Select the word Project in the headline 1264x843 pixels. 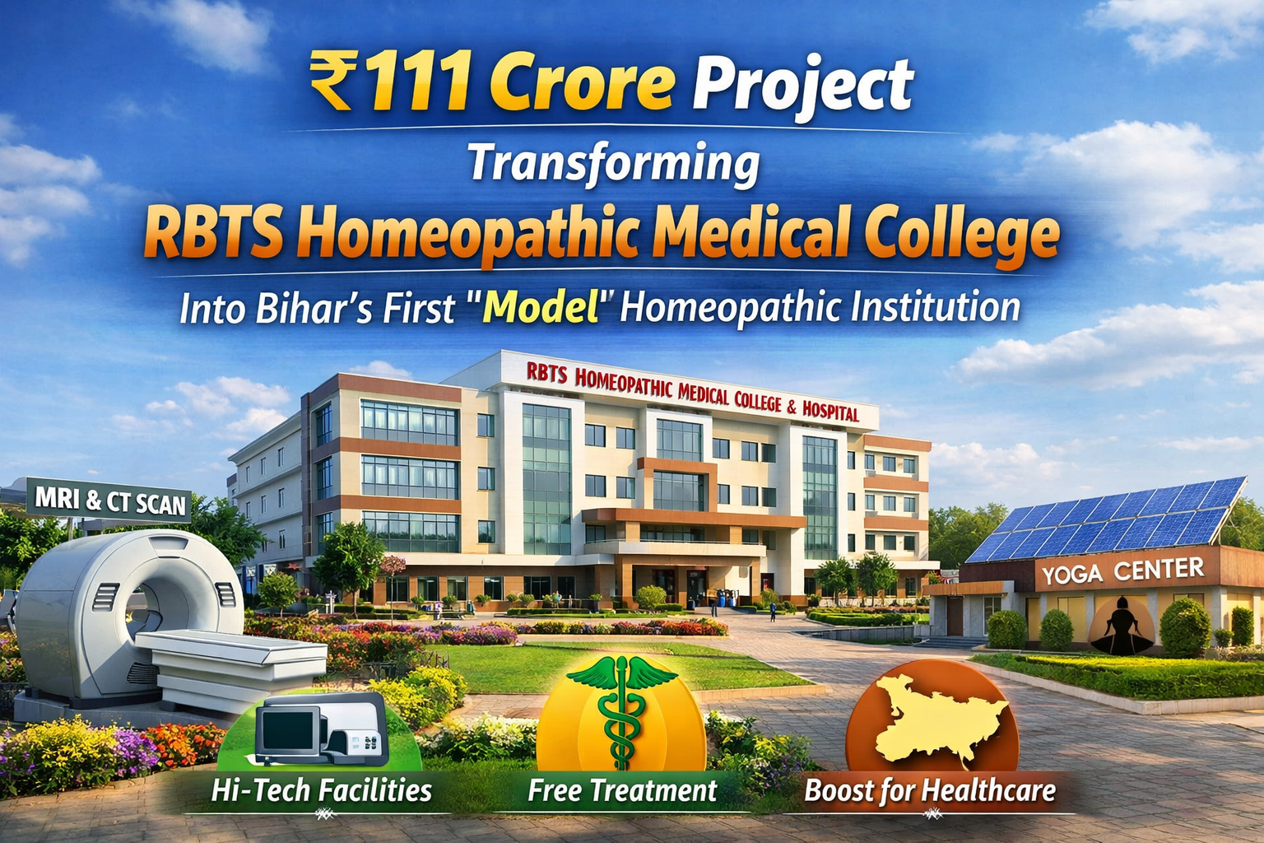[x=802, y=84]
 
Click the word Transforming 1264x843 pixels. [x=613, y=163]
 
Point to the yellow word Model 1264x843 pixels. [x=540, y=308]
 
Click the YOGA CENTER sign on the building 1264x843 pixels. [x=1122, y=571]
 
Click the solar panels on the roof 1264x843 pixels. [x=1107, y=517]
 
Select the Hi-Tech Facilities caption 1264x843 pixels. [x=321, y=791]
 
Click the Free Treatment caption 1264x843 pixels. [x=622, y=791]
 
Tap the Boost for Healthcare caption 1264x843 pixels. [x=930, y=791]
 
